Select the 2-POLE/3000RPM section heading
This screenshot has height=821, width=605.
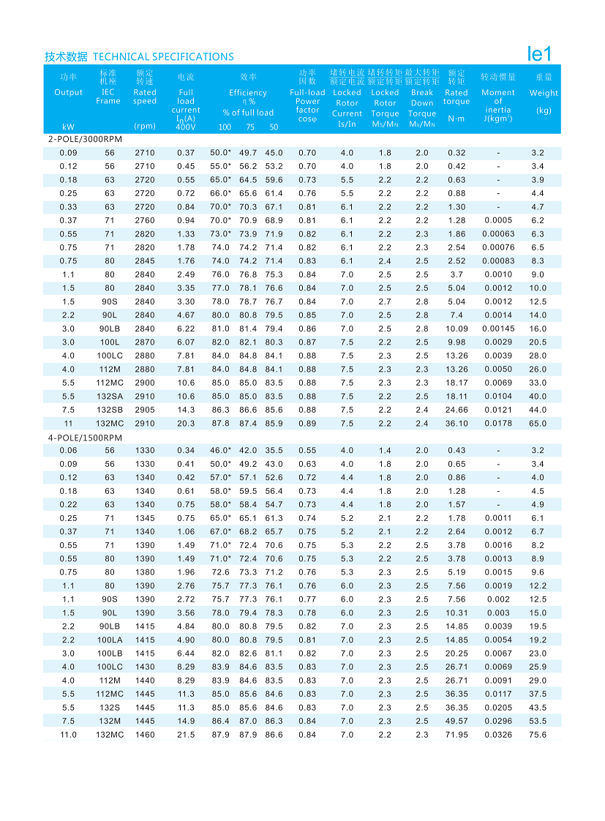click(x=85, y=139)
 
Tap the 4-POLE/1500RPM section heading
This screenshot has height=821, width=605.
click(x=85, y=438)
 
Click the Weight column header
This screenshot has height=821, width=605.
click(x=544, y=93)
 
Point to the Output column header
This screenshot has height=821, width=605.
click(x=69, y=93)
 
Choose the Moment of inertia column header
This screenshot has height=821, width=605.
click(x=498, y=102)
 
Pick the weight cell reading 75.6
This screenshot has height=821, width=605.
click(x=538, y=735)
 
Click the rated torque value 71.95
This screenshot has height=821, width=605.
click(x=457, y=735)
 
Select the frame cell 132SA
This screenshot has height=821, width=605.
click(x=110, y=397)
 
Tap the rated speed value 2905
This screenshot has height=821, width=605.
click(x=145, y=410)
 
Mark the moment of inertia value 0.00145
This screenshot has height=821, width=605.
click(x=498, y=329)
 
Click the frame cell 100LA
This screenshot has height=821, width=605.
click(x=110, y=640)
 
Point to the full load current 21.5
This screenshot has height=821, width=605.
click(x=186, y=735)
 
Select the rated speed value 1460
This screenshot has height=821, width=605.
click(x=145, y=735)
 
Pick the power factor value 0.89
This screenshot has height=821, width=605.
click(x=307, y=424)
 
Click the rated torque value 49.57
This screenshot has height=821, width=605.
click(x=457, y=721)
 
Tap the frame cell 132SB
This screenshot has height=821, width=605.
click(x=110, y=410)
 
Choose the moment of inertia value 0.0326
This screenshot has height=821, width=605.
click(x=498, y=735)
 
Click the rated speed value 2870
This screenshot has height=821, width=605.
click(x=145, y=342)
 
